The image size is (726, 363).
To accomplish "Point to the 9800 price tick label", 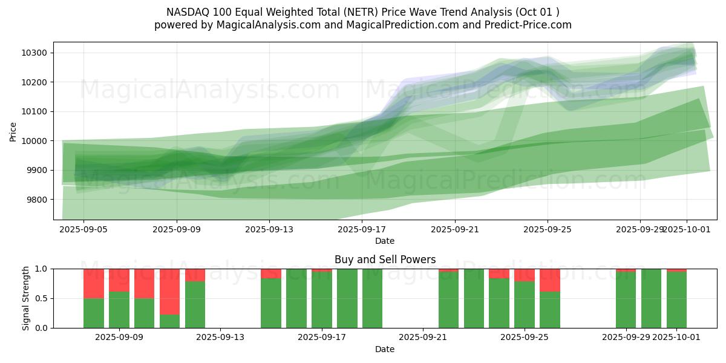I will point(37,200).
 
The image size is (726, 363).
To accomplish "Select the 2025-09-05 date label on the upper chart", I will point(83,230).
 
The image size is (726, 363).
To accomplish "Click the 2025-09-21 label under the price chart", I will point(455,230).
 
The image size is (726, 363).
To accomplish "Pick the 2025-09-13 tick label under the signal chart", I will point(221,338).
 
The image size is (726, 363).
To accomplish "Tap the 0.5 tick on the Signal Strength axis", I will point(42,298).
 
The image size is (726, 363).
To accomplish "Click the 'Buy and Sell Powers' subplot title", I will point(385,260).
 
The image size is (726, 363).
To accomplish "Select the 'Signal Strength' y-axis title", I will point(26,298).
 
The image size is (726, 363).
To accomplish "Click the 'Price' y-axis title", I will point(13,131).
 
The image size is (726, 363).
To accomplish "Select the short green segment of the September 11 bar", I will point(169,321).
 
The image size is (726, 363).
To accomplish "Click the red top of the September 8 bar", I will point(94,283).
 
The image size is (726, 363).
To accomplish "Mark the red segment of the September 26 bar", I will point(550,280).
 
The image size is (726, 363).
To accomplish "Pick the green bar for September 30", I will point(651,298).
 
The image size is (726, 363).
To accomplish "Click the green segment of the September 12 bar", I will point(195,305).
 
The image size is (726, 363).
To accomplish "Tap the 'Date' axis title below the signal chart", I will point(385,349).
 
